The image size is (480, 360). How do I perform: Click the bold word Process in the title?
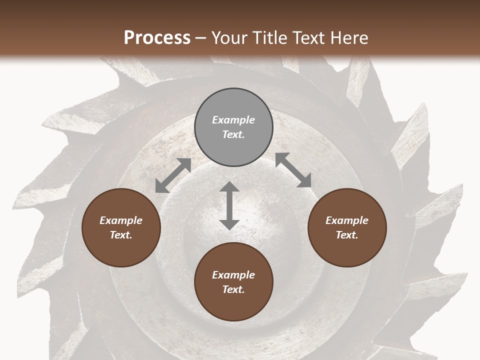[x=157, y=37]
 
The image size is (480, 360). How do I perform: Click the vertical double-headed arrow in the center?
[x=229, y=205]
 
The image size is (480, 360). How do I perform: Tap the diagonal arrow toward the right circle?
[x=293, y=170]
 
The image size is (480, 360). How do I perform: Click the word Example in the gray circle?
[x=233, y=120]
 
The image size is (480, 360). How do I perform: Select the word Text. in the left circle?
[x=121, y=235]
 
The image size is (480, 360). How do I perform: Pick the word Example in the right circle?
[x=347, y=220]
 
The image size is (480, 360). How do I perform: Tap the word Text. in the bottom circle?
[x=233, y=289]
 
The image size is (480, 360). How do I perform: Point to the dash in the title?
[x=201, y=38]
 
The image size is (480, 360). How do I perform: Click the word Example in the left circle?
[x=121, y=220]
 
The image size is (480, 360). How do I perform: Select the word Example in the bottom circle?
[x=233, y=275]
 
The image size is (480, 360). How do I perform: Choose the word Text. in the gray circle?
[x=233, y=134]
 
